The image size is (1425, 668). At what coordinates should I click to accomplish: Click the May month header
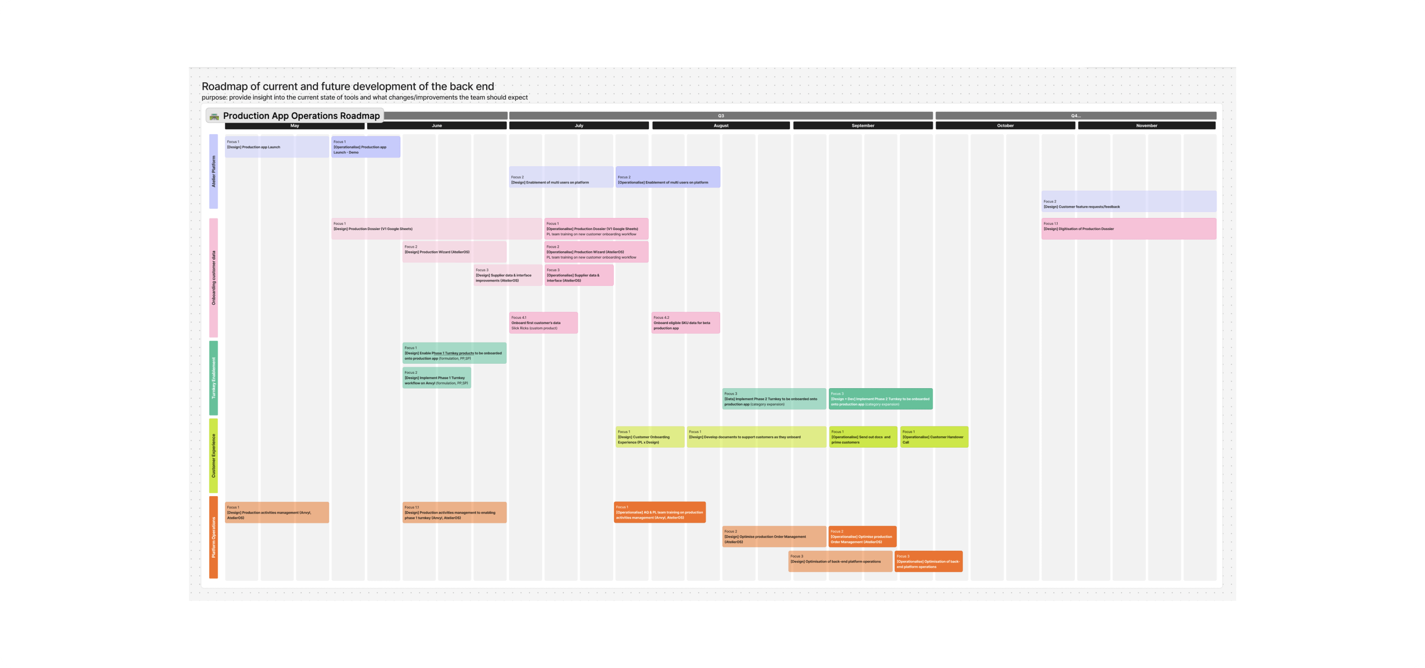pyautogui.click(x=294, y=125)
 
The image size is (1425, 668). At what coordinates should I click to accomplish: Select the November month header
pyautogui.click(x=1146, y=125)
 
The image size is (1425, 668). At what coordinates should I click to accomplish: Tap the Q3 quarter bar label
pyautogui.click(x=721, y=115)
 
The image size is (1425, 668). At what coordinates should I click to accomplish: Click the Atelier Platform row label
pyautogui.click(x=213, y=171)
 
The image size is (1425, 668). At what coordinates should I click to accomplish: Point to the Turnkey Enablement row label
pyautogui.click(x=213, y=378)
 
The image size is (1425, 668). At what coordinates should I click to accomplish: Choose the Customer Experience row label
pyautogui.click(x=213, y=456)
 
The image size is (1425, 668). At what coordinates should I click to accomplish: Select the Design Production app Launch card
pyautogui.click(x=276, y=147)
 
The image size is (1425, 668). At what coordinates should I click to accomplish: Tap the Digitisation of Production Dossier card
pyautogui.click(x=1128, y=228)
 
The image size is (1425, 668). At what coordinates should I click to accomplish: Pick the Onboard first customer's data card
pyautogui.click(x=543, y=323)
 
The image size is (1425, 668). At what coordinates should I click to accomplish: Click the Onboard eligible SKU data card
pyautogui.click(x=685, y=323)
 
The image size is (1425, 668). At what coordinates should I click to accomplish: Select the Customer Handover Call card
pyautogui.click(x=934, y=437)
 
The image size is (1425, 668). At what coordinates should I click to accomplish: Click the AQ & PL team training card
pyautogui.click(x=659, y=512)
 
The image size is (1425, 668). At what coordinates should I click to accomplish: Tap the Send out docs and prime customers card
pyautogui.click(x=862, y=437)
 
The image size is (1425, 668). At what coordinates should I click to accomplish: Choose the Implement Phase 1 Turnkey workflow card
pyautogui.click(x=436, y=378)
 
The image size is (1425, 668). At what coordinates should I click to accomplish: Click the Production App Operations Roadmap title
pyautogui.click(x=301, y=115)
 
